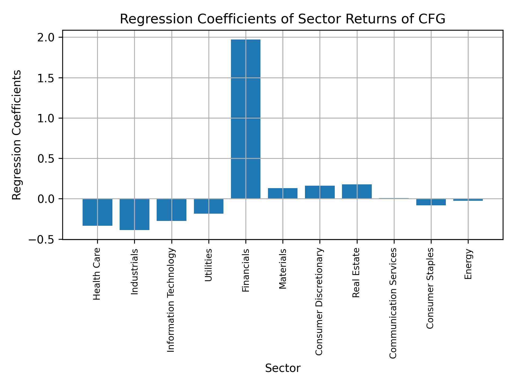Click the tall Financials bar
click(245, 119)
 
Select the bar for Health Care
click(97, 212)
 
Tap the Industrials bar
click(134, 214)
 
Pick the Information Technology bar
click(171, 210)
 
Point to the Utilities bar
click(209, 206)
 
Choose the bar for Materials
click(283, 193)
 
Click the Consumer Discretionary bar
click(320, 192)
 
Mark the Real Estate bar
click(357, 191)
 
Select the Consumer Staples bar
click(431, 202)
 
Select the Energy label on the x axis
click(468, 264)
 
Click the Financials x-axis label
click(246, 270)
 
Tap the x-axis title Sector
click(283, 368)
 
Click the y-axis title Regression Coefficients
click(17, 135)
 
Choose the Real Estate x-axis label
click(356, 273)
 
